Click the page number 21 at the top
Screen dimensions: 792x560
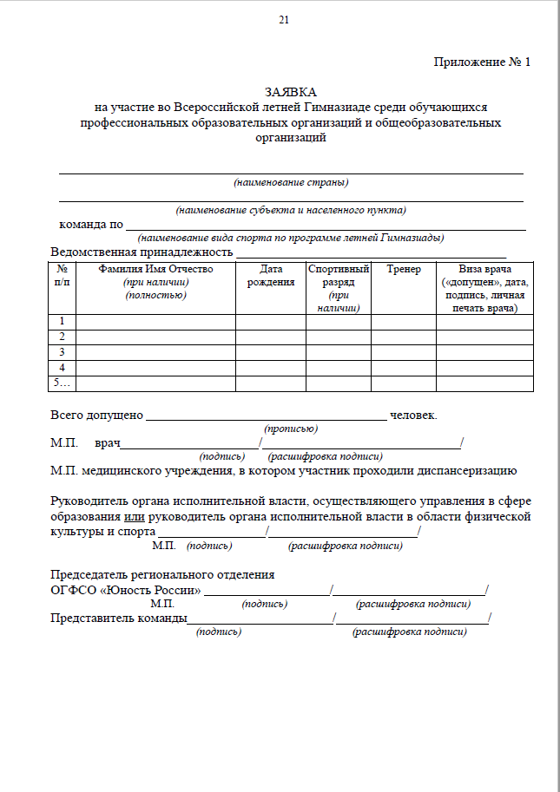click(x=283, y=20)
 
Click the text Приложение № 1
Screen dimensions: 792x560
click(x=481, y=62)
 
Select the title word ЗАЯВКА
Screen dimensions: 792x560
click(x=291, y=92)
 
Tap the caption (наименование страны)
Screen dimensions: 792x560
click(x=291, y=182)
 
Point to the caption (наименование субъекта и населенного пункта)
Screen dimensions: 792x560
click(x=291, y=210)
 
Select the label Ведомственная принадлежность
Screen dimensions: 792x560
click(x=142, y=252)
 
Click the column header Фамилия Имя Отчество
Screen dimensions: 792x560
click(x=156, y=270)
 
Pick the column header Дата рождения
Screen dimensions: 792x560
click(x=271, y=276)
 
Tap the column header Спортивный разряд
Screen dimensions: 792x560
click(x=339, y=276)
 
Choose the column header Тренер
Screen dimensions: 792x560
click(x=404, y=270)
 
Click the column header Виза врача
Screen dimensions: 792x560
click(x=484, y=270)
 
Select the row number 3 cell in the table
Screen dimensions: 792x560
click(x=63, y=352)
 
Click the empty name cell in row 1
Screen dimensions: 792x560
click(x=156, y=322)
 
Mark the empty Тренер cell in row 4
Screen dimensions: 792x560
click(x=404, y=368)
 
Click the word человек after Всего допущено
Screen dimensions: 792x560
click(x=414, y=415)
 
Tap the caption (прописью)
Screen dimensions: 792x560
click(x=291, y=429)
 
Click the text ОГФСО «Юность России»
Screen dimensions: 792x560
click(x=127, y=590)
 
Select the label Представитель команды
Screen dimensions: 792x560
click(x=119, y=618)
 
